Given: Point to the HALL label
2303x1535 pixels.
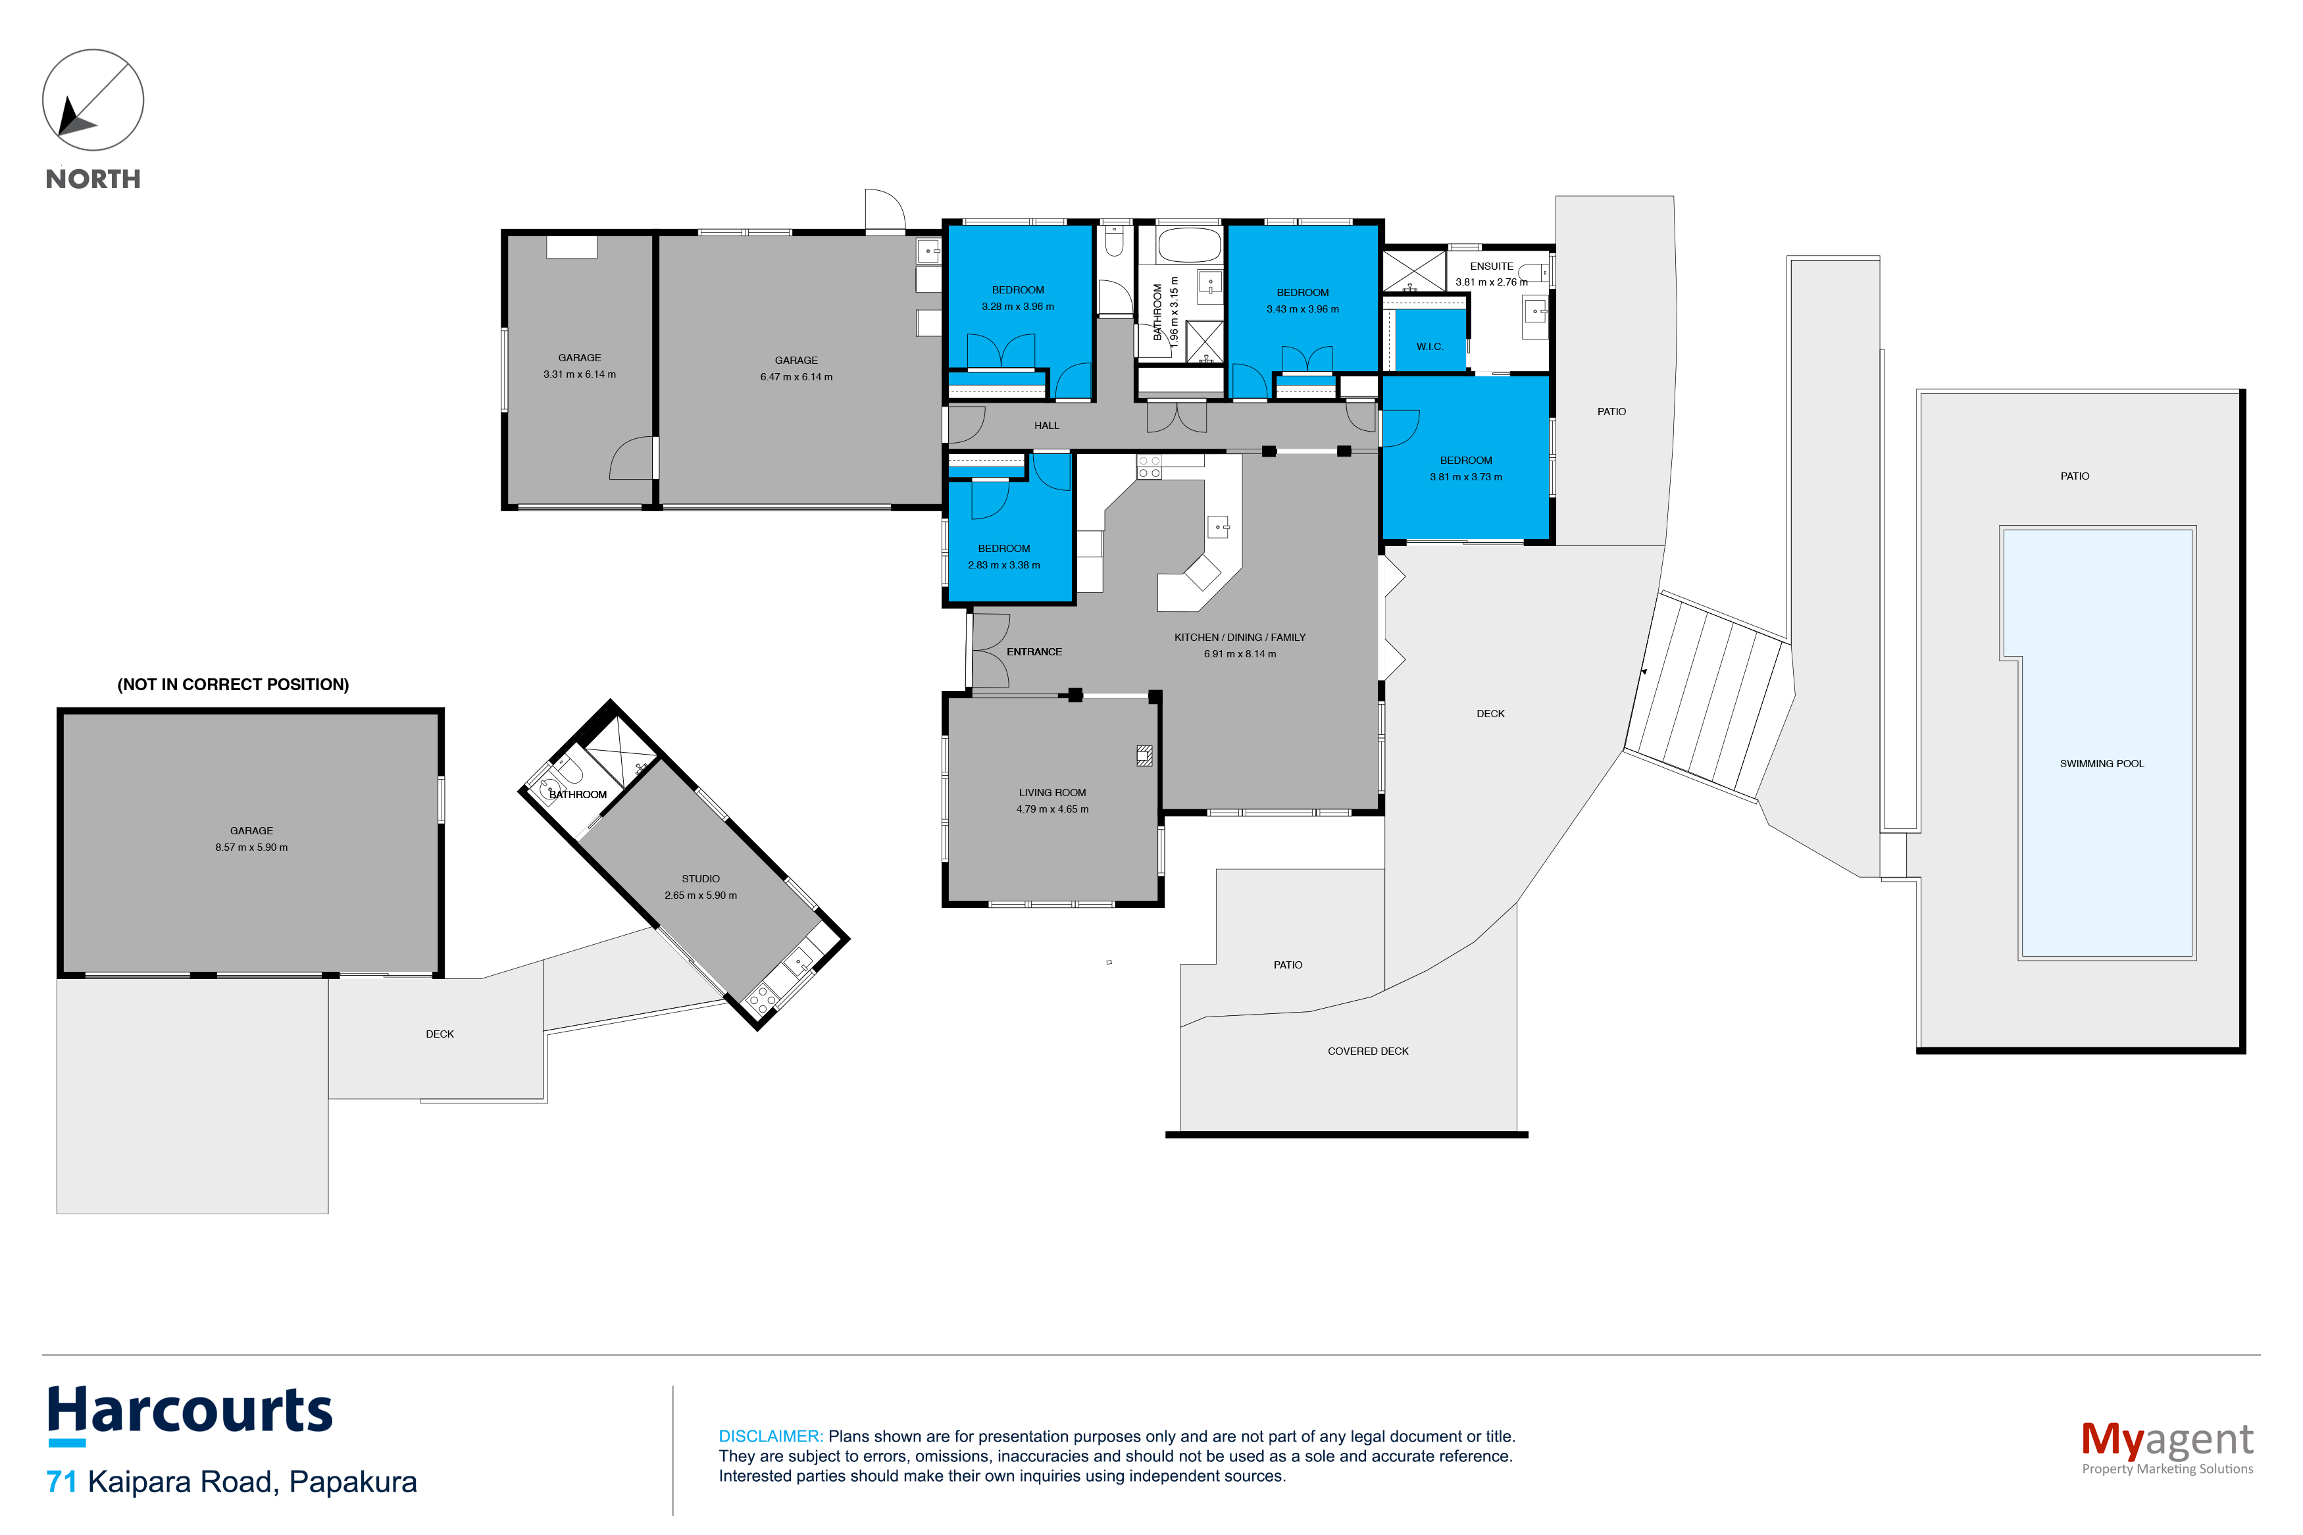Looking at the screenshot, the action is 1046,426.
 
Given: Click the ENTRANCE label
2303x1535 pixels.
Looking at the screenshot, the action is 1034,652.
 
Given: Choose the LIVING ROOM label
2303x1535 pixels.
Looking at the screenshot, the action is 1052,793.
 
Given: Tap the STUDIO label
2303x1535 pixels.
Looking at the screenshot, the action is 701,879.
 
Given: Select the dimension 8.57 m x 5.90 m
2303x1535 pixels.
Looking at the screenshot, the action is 251,848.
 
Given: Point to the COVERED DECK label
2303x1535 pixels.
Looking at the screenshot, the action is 1367,1051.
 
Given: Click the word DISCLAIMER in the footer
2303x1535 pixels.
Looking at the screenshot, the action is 771,1436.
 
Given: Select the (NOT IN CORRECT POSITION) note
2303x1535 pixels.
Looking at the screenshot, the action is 233,684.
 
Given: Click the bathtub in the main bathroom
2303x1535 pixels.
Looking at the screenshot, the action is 1189,245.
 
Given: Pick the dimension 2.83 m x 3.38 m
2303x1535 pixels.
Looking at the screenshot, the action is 1003,565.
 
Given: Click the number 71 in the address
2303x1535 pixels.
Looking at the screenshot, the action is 62,1482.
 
